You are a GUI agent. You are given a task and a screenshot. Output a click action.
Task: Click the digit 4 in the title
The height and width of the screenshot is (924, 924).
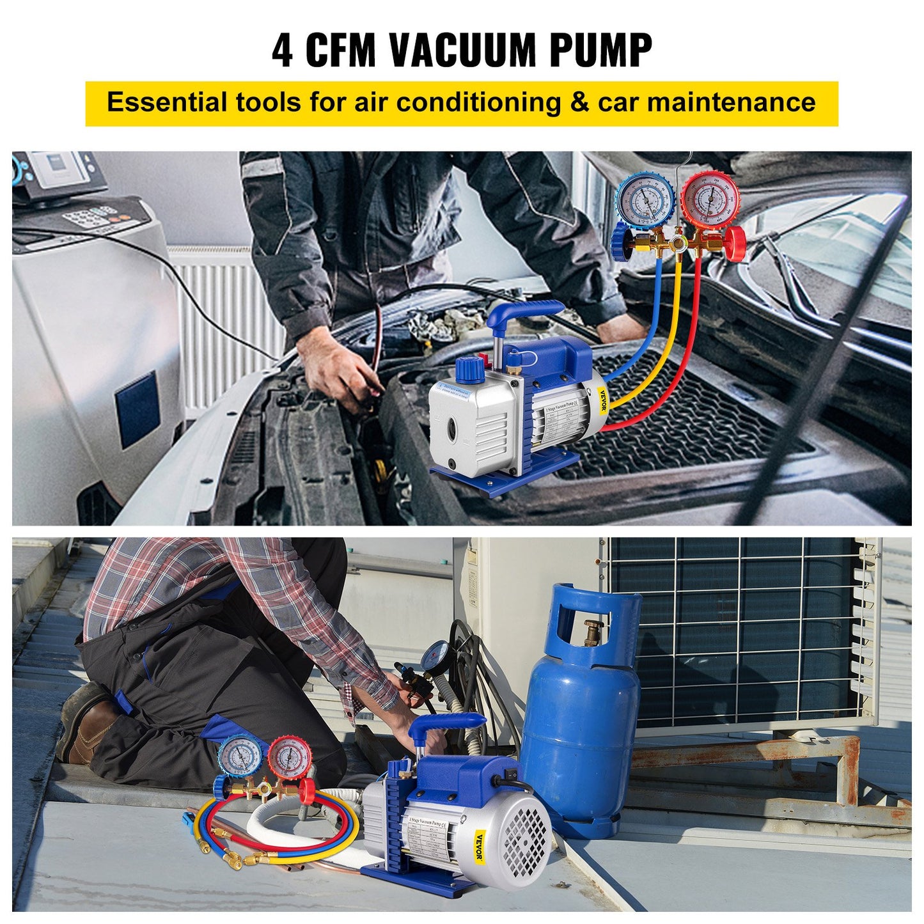[x=283, y=51]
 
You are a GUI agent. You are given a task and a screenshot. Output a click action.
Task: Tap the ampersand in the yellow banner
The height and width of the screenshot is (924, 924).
[x=579, y=102]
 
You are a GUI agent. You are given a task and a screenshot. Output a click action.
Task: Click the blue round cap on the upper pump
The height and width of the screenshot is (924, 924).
[x=471, y=369]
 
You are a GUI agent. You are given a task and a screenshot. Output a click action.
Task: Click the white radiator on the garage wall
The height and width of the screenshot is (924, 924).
[x=224, y=320]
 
